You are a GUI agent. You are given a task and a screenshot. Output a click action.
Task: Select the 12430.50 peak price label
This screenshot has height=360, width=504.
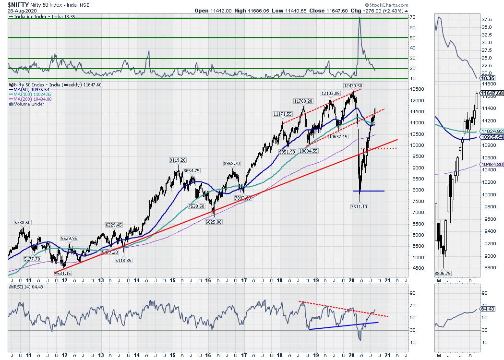click(x=352, y=85)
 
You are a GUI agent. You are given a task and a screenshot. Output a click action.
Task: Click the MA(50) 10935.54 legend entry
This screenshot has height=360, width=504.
click(x=32, y=90)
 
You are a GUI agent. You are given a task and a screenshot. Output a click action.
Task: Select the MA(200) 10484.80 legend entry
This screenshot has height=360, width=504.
click(x=33, y=99)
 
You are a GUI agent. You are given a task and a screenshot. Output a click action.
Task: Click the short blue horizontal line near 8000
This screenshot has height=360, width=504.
click(x=372, y=191)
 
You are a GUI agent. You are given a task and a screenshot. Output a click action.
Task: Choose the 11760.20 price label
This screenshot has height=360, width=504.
click(x=303, y=101)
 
